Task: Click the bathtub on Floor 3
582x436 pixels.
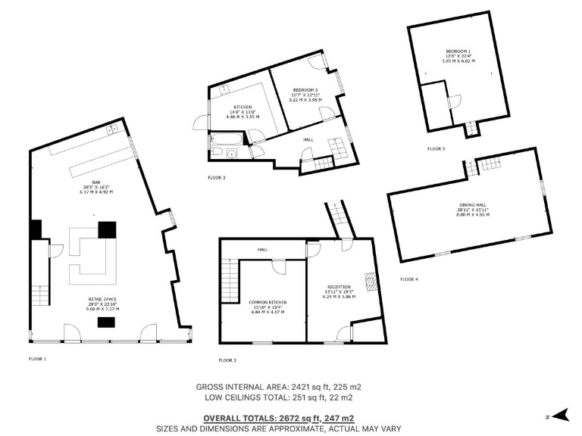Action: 227,139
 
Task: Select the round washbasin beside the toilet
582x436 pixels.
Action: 231,154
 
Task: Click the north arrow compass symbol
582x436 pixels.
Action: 560,415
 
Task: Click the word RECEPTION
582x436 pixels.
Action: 339,287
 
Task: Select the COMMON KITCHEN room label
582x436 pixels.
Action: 268,302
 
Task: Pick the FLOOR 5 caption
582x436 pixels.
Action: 436,149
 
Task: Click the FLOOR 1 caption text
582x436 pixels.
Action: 37,357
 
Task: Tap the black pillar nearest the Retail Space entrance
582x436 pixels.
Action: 105,323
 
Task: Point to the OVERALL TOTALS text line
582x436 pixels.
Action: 278,418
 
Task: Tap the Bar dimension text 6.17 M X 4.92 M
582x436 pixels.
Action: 96,192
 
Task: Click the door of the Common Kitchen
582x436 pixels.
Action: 278,266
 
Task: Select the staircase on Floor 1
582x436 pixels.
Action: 39,297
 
